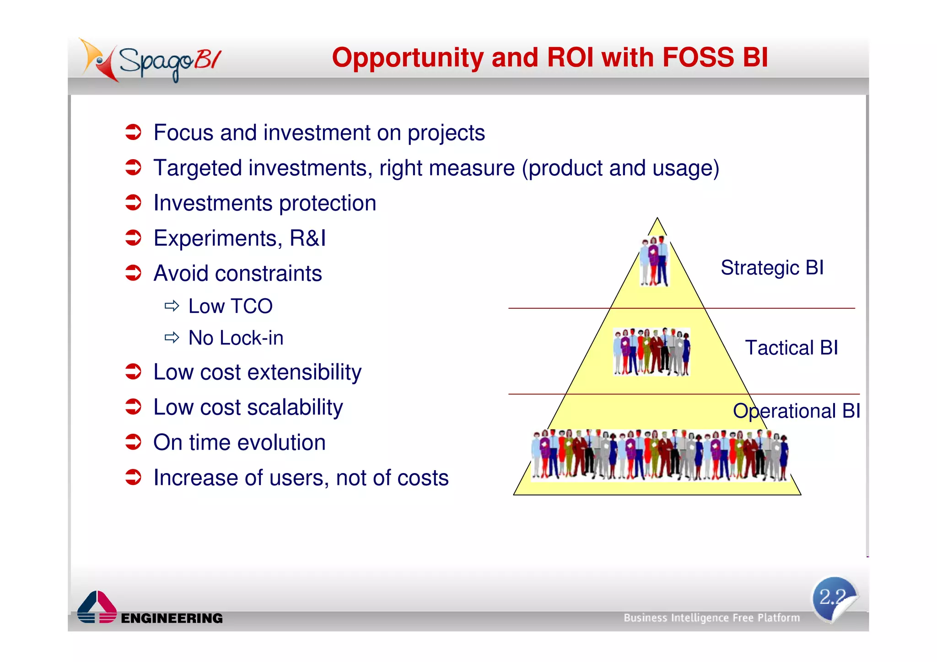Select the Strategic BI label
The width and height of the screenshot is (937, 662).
(x=772, y=268)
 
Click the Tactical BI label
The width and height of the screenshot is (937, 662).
(x=791, y=348)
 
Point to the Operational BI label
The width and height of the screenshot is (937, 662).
(x=796, y=411)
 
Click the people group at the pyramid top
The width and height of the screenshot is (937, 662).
(x=654, y=261)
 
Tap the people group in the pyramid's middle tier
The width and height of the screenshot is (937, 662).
(x=652, y=352)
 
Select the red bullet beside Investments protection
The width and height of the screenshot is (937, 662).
(x=133, y=202)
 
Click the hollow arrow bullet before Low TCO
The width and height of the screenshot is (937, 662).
(x=172, y=306)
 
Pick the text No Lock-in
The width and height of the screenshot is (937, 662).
(x=236, y=338)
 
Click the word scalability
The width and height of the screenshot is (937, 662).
(x=295, y=407)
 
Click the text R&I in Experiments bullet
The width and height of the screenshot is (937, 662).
(x=307, y=238)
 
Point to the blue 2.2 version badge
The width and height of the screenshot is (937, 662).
(x=834, y=598)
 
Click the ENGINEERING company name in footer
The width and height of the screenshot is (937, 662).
(x=172, y=618)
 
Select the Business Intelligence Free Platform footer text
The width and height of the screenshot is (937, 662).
(x=711, y=618)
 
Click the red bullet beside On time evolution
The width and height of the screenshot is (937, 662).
(x=133, y=442)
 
